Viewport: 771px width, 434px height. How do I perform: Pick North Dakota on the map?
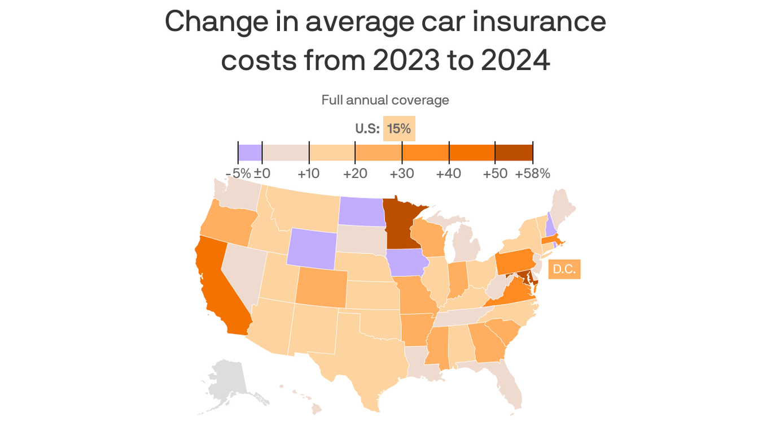360,211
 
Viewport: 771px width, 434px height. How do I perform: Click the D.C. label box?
564,269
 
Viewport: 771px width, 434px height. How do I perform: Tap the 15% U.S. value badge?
399,129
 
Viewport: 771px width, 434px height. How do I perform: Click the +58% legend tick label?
532,173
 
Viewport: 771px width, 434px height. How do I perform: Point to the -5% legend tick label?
238,173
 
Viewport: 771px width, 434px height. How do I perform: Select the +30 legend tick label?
402,173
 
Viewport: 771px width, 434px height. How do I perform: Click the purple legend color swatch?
250,153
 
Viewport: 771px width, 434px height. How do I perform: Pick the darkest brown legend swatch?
514,153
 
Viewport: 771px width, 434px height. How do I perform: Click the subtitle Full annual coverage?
385,100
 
